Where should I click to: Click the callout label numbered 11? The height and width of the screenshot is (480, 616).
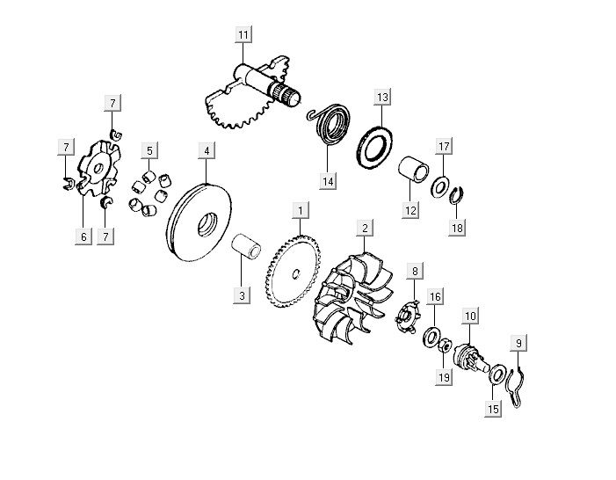[243, 34]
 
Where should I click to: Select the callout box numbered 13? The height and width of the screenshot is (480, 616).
[382, 97]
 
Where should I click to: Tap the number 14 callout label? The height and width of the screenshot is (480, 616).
[328, 182]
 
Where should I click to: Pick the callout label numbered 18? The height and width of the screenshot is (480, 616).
[457, 228]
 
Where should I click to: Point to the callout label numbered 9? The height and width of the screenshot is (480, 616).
[518, 343]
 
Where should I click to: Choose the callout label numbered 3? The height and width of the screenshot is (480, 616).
[242, 295]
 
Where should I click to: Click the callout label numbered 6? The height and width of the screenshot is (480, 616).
[83, 236]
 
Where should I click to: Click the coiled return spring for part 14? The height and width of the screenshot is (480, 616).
[330, 124]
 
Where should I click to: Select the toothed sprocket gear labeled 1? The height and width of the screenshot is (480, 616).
[294, 272]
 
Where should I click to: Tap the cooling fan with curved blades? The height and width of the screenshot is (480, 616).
[352, 299]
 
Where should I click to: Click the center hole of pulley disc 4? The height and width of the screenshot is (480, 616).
[207, 224]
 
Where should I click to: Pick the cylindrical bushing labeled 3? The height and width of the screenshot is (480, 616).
[246, 246]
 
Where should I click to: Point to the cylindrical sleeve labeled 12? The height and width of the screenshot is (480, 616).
[414, 170]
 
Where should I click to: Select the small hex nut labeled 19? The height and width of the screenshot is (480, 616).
[445, 345]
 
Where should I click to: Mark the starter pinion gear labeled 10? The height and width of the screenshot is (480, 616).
[470, 357]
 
